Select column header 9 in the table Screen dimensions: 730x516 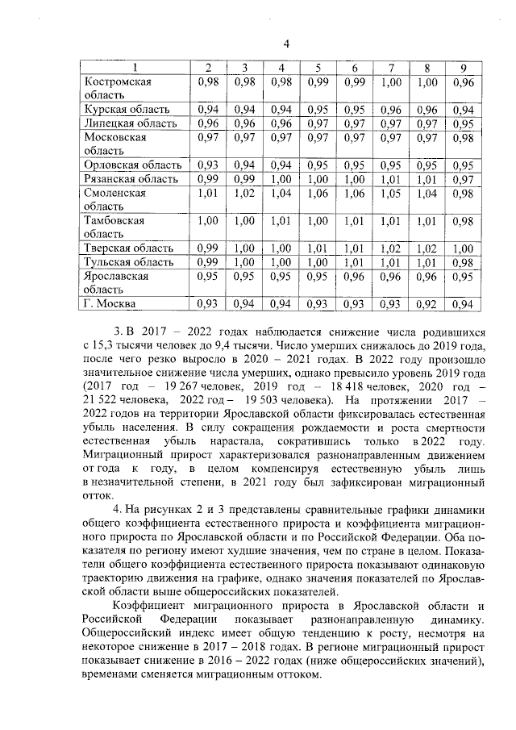click(462, 67)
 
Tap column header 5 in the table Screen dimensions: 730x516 click(318, 67)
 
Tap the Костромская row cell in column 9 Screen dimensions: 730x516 click(462, 81)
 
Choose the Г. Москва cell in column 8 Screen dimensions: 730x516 click(427, 304)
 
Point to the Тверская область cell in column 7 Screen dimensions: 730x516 click(391, 248)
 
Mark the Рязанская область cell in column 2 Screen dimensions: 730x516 click(209, 178)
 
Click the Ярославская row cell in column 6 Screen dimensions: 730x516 click(355, 276)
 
